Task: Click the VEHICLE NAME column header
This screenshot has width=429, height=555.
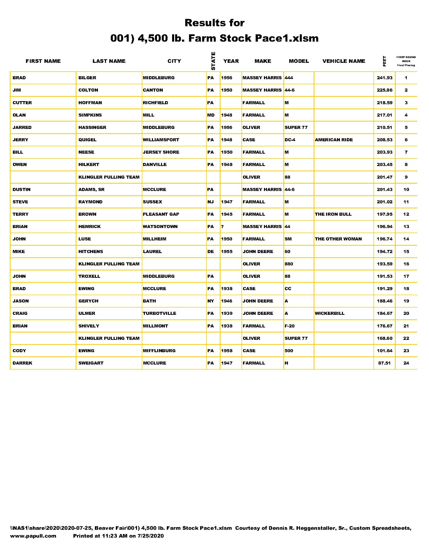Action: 344,61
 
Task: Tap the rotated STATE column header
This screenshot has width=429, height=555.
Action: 213,61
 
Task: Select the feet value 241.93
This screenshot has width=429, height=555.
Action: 385,78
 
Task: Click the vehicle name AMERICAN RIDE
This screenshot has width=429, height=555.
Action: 334,140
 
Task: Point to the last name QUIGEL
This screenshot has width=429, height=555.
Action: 87,140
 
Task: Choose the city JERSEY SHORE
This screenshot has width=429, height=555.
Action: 161,152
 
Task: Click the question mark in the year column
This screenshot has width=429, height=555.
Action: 222,227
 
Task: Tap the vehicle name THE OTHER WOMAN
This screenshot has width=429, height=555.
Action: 338,239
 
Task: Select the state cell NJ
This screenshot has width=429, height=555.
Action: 210,202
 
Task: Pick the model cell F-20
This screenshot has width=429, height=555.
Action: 289,326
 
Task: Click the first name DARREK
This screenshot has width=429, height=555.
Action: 22,363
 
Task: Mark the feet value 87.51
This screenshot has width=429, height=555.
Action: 384,363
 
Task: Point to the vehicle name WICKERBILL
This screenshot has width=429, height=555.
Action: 330,313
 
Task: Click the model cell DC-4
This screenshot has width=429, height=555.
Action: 290,140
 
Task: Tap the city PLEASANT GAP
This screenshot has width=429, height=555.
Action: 161,214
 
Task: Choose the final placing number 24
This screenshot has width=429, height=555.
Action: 406,363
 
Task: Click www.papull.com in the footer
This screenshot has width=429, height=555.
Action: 33,536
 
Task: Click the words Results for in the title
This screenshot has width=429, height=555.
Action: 215,23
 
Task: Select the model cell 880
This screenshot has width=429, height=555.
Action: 289,264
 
